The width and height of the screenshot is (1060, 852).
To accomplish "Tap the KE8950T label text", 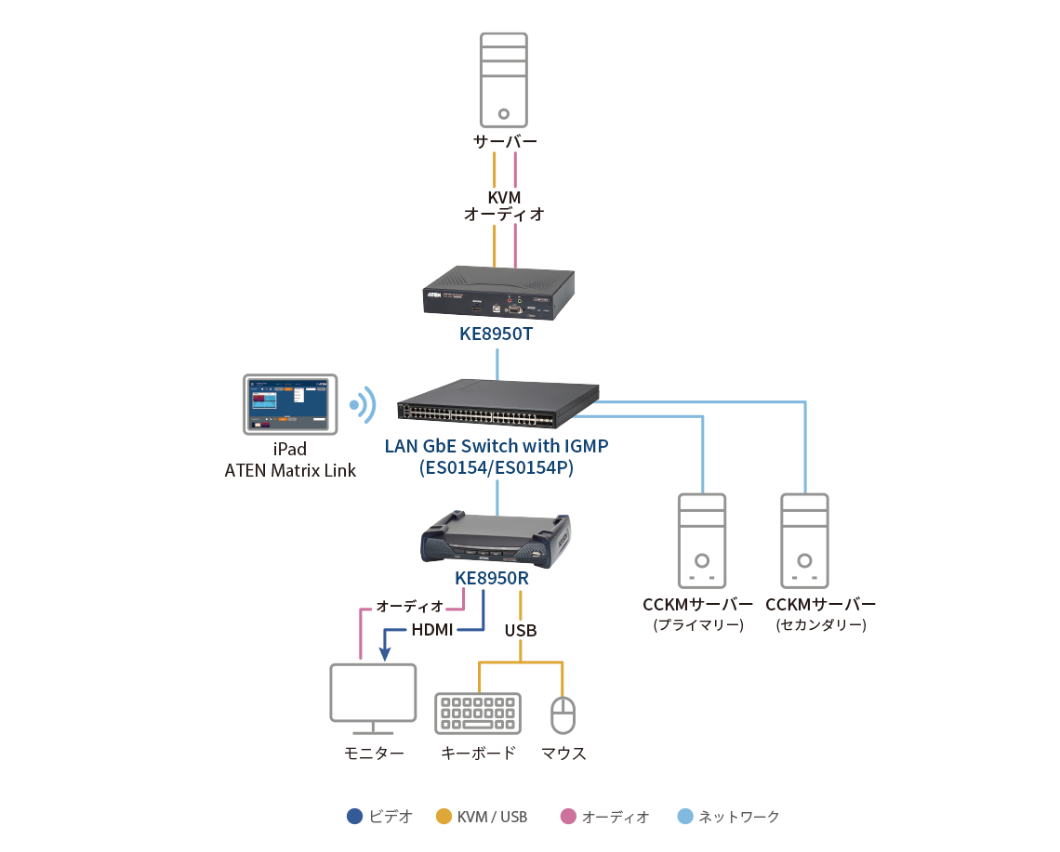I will coord(497,333).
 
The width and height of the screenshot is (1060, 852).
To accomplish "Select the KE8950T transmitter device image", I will coord(497,292).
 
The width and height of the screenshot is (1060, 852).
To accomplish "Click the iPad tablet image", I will coord(290,404).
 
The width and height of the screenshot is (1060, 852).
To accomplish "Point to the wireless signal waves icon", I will coord(363,405).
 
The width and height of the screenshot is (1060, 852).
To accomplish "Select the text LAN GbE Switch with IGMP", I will coord(497,446).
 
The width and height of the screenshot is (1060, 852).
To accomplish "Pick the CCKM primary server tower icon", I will coord(702,540).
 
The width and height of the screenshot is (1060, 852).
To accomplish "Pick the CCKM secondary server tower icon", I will coord(804,540).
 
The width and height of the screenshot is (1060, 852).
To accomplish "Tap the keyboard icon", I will coord(478,714).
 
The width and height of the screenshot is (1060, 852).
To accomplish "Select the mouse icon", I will coord(563,714).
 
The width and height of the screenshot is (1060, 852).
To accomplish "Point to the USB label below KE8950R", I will coord(521,631).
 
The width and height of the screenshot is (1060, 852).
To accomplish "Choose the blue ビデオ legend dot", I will coord(354,817).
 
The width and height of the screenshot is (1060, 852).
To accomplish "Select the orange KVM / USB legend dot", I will coord(444,817).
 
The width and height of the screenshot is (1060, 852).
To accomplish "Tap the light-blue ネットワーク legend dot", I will coord(685,817).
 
